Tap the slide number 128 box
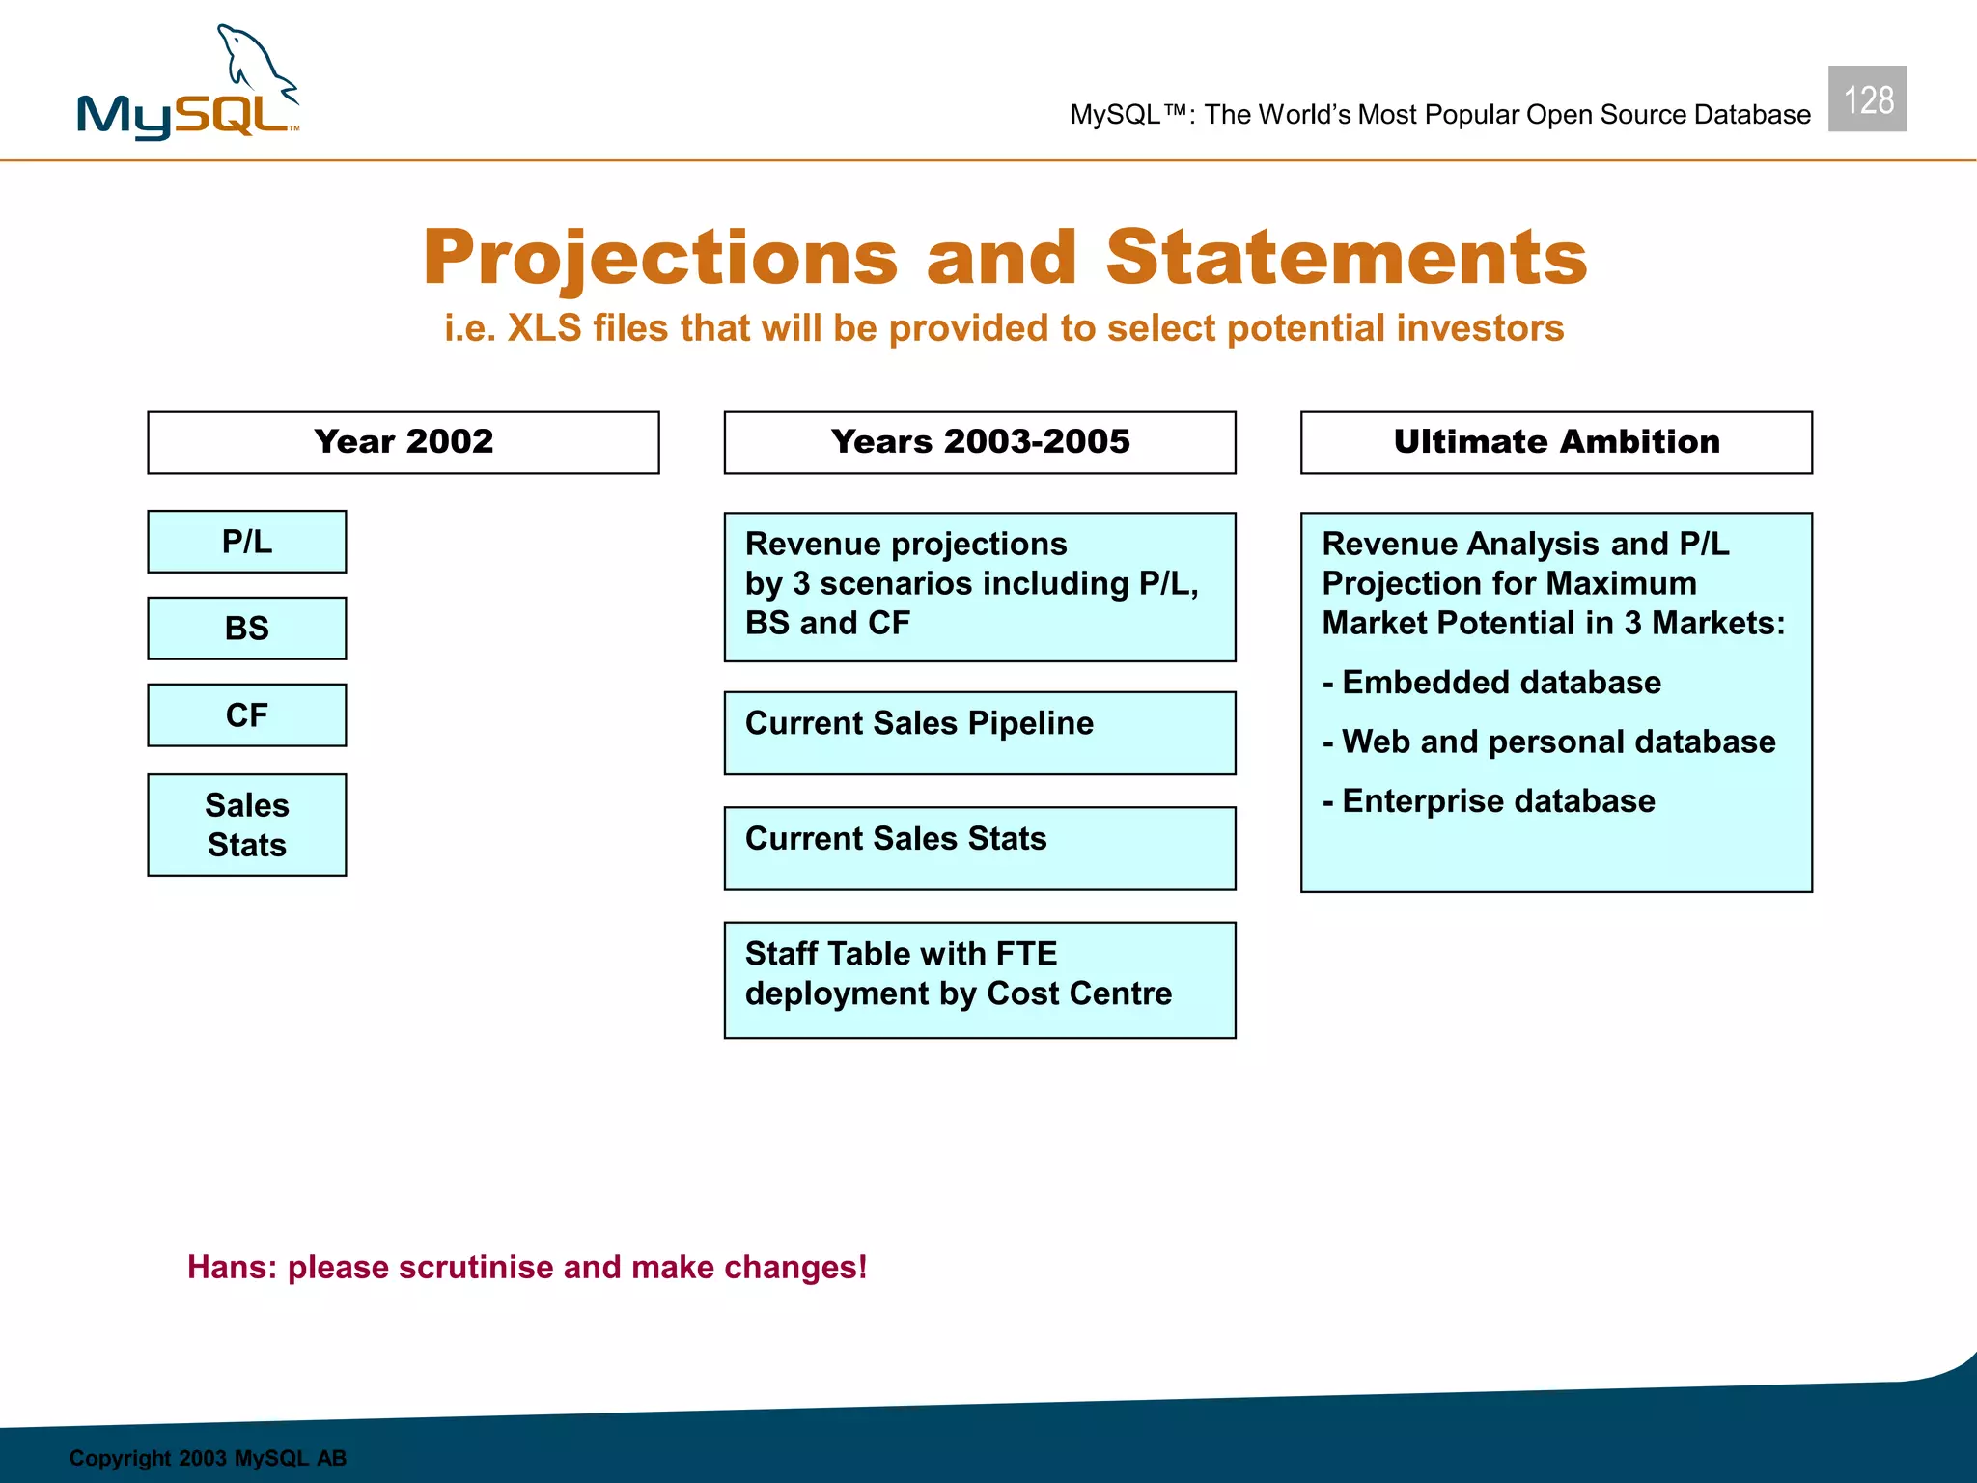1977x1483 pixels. coord(1866,99)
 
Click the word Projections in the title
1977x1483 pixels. coord(660,258)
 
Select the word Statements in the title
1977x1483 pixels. coord(1346,258)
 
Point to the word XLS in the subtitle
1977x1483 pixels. coord(544,328)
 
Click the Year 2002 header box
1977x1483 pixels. coord(404,442)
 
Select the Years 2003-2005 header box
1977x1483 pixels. coord(979,442)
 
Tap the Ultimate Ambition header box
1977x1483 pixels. coord(1555,442)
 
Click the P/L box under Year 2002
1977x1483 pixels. coord(247,542)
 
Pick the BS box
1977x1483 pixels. coord(247,629)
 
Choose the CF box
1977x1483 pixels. coord(247,715)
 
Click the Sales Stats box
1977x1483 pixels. coord(247,825)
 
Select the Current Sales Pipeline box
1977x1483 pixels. coord(979,733)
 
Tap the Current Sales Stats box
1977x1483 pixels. coord(979,848)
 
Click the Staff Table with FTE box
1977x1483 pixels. coord(979,979)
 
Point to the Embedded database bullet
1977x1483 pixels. coord(1492,683)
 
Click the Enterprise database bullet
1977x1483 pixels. coord(1489,801)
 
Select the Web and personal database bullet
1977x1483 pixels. coord(1548,741)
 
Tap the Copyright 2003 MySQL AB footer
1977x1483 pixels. coord(208,1458)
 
